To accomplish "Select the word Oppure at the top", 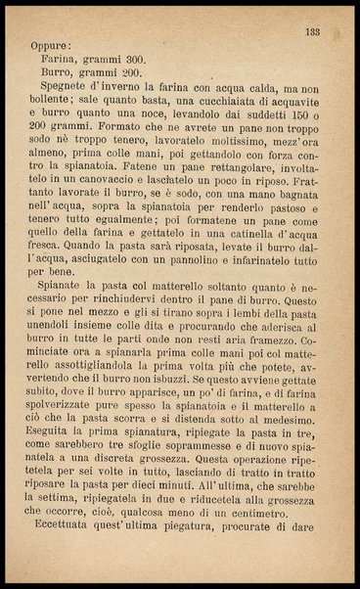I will click(x=50, y=44).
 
